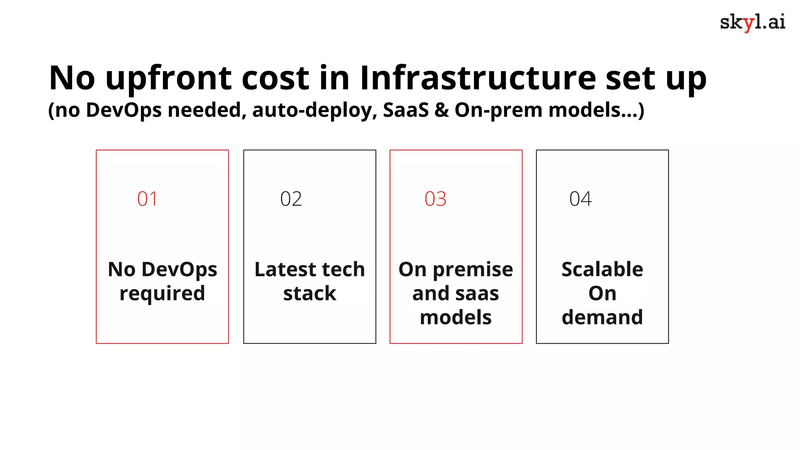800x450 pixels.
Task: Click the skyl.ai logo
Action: [752, 22]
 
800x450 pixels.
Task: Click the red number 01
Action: [147, 199]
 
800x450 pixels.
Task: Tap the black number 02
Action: [291, 199]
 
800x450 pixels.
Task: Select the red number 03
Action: [436, 199]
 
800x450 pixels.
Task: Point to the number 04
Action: [580, 199]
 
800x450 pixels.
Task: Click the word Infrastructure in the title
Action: [478, 78]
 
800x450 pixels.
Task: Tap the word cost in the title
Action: [276, 78]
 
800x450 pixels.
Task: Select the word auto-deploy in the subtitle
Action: [314, 110]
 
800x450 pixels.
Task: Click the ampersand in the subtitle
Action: [441, 110]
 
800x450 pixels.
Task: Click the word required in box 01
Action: [162, 293]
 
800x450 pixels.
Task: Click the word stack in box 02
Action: [309, 293]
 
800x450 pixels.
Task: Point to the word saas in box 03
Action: [479, 293]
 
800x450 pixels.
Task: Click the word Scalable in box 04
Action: [602, 270]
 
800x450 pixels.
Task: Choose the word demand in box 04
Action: [602, 317]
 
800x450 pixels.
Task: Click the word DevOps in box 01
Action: [179, 270]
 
